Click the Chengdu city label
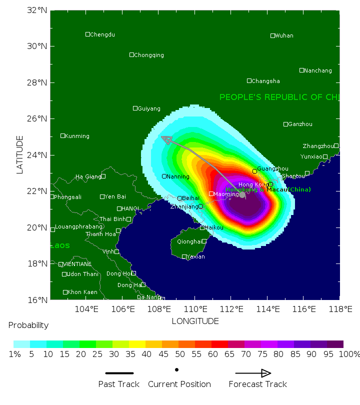tap(102, 34)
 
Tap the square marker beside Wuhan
tap(272, 35)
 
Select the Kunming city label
tap(77, 136)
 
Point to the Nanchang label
tap(317, 70)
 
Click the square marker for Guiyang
tap(135, 108)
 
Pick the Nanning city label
tap(178, 176)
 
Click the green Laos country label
tap(60, 245)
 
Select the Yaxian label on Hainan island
tap(196, 257)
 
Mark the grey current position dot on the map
tap(242, 194)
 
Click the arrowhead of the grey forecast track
tap(165, 139)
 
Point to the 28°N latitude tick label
tap(37, 82)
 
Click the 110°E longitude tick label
tap(195, 308)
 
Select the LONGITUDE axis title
tap(195, 321)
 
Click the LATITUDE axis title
tap(20, 154)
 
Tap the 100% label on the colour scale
tap(349, 354)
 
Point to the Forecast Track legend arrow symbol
tap(253, 373)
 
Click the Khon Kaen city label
tap(82, 292)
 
